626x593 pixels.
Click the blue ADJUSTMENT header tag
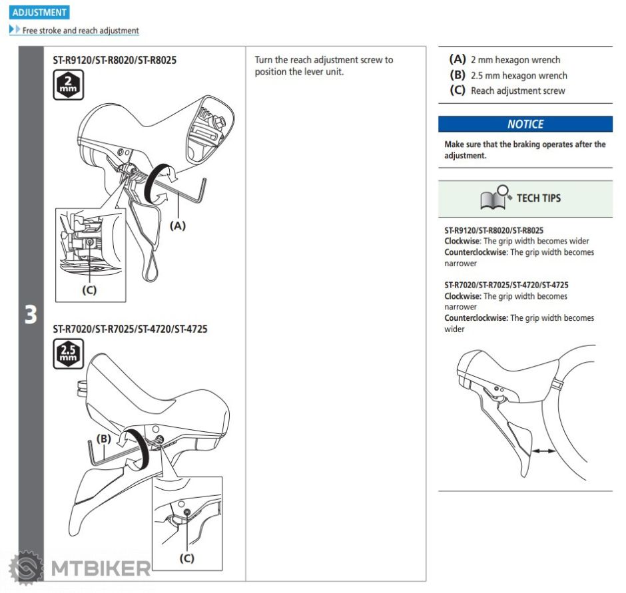[x=40, y=13]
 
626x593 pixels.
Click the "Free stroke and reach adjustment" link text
[x=81, y=31]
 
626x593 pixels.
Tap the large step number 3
[x=31, y=315]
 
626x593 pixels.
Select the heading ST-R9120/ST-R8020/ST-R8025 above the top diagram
[x=115, y=60]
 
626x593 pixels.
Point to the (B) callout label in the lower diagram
[x=103, y=439]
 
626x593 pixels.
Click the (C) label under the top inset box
[x=89, y=290]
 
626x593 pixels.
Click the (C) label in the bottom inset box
[x=187, y=558]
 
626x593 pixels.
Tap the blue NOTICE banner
[x=525, y=124]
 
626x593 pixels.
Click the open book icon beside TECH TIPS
[x=495, y=197]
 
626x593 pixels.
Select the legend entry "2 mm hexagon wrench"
[x=515, y=60]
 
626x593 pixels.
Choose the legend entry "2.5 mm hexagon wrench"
[x=519, y=75]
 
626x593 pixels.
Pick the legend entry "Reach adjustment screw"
[x=517, y=91]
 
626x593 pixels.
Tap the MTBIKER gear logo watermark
[x=25, y=568]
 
